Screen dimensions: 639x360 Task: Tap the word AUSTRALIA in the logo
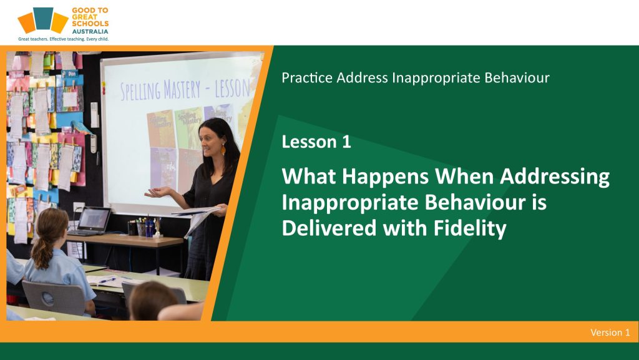click(x=90, y=31)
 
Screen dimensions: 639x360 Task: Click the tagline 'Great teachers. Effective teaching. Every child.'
click(x=63, y=39)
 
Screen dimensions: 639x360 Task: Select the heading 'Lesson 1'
click(x=316, y=142)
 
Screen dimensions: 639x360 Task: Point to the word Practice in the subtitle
click(x=307, y=77)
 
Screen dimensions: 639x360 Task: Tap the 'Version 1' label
click(x=610, y=333)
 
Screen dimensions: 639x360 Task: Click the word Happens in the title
click(x=386, y=177)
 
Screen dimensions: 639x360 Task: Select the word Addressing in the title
click(x=555, y=177)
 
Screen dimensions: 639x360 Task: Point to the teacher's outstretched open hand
click(x=157, y=192)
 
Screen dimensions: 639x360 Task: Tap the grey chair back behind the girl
click(x=54, y=298)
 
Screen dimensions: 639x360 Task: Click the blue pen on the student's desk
click(x=107, y=280)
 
